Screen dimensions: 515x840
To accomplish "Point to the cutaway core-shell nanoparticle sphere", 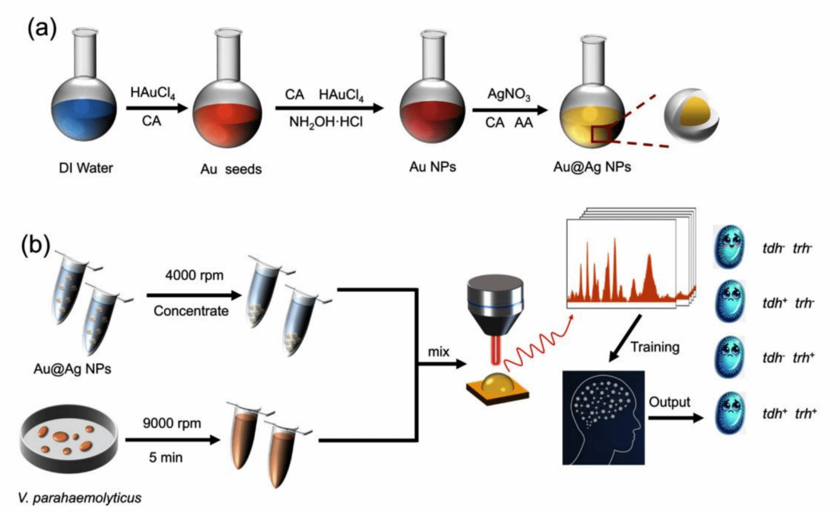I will click(x=691, y=123).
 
